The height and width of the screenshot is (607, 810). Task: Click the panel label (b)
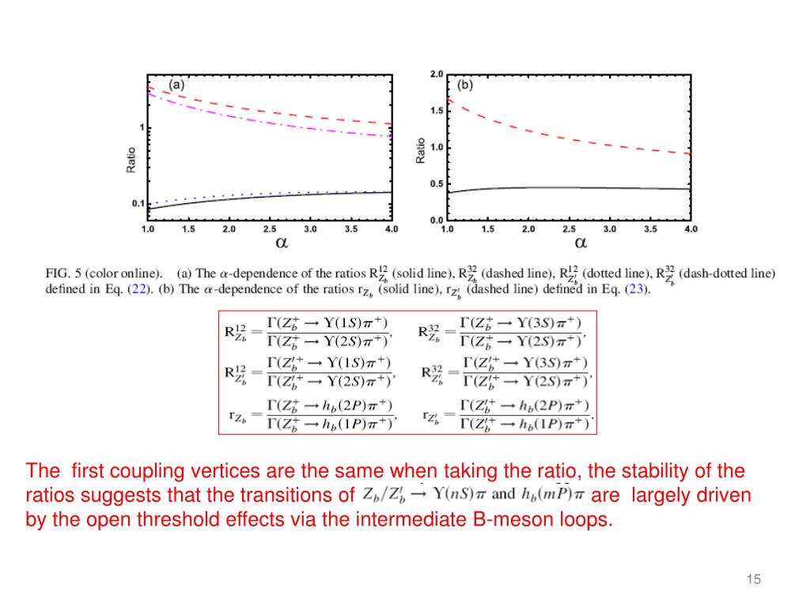(465, 85)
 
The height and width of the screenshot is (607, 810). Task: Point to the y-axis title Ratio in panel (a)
(131, 160)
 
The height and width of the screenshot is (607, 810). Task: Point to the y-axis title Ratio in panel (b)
(421, 151)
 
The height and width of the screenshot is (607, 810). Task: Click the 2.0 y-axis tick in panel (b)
(437, 74)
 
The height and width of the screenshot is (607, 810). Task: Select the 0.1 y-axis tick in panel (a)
(138, 204)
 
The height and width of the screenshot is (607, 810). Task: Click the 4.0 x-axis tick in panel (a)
(391, 229)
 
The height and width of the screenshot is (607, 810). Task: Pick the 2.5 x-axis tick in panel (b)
(569, 229)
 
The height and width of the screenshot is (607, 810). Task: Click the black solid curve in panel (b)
(570, 187)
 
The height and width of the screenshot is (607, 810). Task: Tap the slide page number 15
(753, 581)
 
